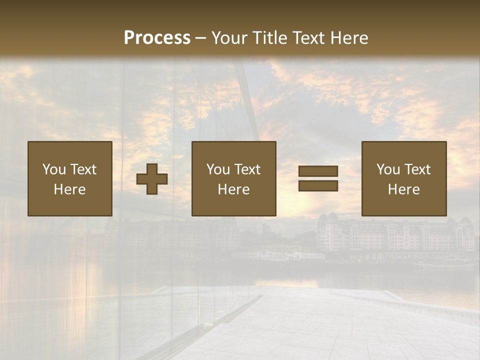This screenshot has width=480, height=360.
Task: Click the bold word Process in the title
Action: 157,37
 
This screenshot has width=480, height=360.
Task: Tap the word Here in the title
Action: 348,37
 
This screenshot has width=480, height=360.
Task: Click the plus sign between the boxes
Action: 152,179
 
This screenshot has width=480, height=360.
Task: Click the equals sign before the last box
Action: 318,178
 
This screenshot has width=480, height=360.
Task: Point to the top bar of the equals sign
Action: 318,171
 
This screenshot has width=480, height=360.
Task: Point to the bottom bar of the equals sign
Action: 318,185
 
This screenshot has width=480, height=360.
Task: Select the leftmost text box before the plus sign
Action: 69,178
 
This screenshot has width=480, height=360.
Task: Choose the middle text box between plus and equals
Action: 233,178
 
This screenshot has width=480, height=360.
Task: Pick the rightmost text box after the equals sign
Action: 403,178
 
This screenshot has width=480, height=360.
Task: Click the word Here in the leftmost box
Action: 69,189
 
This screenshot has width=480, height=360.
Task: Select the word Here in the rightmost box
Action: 403,189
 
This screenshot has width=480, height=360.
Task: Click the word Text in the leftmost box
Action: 83,169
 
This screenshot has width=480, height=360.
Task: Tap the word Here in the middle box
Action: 233,189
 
